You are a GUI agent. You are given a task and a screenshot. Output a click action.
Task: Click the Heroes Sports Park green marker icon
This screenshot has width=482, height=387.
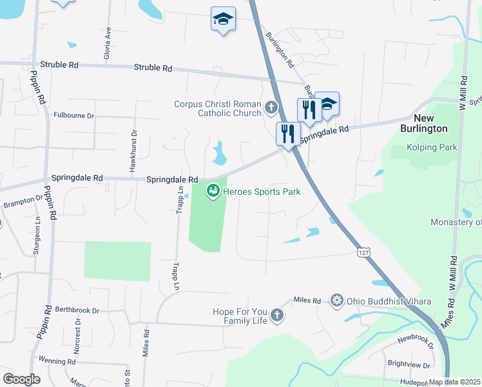[213, 191]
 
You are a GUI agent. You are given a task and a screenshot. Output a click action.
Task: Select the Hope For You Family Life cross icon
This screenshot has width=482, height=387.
[276, 315]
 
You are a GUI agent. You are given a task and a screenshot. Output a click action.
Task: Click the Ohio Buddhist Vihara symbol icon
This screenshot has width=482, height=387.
[336, 300]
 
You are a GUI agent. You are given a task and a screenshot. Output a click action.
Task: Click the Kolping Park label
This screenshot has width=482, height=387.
[432, 147]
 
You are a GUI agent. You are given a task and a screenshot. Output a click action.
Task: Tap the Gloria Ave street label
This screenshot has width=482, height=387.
[108, 43]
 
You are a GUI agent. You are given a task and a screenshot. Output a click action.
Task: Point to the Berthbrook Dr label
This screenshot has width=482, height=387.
[77, 310]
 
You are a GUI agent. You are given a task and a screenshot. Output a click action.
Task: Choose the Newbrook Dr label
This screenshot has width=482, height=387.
[417, 340]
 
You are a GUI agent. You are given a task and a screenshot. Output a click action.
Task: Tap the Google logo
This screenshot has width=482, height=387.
[21, 379]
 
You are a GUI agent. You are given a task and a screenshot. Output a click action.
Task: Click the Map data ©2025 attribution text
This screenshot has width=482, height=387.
[454, 382]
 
